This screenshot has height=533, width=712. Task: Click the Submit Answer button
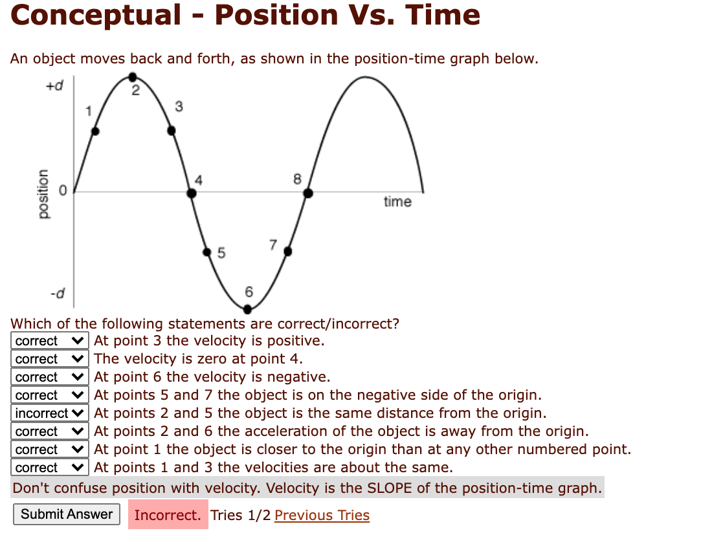pyautogui.click(x=67, y=514)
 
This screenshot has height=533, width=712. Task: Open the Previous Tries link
pyautogui.click(x=322, y=516)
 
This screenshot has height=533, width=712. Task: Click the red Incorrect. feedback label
pyautogui.click(x=168, y=515)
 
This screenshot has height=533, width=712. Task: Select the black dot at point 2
pyautogui.click(x=133, y=77)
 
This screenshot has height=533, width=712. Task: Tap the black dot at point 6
pyautogui.click(x=247, y=309)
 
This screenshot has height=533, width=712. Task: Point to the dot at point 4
pyautogui.click(x=192, y=193)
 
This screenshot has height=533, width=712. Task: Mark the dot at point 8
pyautogui.click(x=308, y=193)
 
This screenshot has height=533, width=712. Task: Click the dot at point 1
pyautogui.click(x=96, y=131)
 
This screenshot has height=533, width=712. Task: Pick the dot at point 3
pyautogui.click(x=172, y=131)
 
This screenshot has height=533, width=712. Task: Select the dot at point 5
pyautogui.click(x=207, y=252)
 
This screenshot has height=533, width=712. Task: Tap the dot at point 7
pyautogui.click(x=288, y=251)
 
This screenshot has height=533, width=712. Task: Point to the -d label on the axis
pyautogui.click(x=58, y=295)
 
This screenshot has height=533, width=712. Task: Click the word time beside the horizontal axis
pyautogui.click(x=397, y=202)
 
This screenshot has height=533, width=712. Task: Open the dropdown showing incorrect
pyautogui.click(x=50, y=413)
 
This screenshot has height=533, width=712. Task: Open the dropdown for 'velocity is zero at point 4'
pyautogui.click(x=50, y=359)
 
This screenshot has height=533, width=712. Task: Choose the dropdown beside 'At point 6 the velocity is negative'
pyautogui.click(x=50, y=377)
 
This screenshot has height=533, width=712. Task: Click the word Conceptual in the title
pyautogui.click(x=96, y=16)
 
